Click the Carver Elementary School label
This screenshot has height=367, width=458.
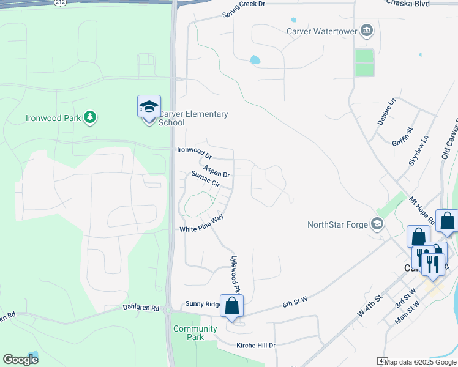click(x=193, y=118)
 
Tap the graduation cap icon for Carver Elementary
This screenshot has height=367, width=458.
click(x=149, y=108)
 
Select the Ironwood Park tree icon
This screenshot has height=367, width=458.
click(x=90, y=117)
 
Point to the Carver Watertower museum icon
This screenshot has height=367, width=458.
click(x=367, y=30)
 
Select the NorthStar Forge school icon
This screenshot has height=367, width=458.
click(x=378, y=224)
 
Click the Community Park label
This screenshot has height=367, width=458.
click(x=195, y=333)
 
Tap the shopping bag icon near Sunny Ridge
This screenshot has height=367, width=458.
click(x=231, y=306)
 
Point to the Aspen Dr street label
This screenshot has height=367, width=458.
click(x=216, y=170)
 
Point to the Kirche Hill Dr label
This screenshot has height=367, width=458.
click(x=256, y=346)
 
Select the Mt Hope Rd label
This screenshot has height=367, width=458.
click(x=421, y=210)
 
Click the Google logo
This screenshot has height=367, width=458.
click(x=20, y=360)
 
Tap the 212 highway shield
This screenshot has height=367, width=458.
click(x=59, y=2)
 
